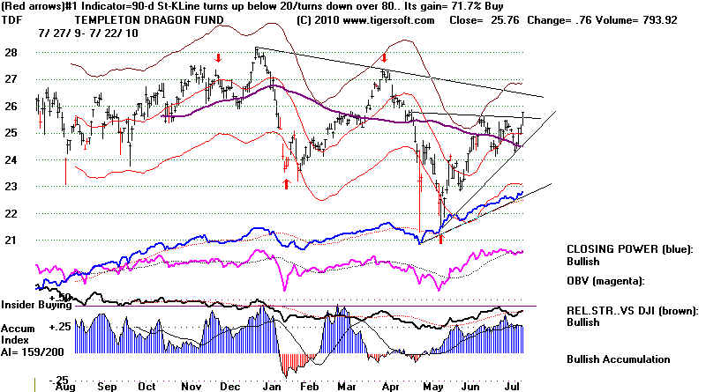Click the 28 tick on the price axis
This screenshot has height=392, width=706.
(13, 52)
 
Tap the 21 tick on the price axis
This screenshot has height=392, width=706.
(13, 240)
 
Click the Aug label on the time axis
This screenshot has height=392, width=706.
(64, 385)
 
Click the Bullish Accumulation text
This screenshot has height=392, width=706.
(619, 359)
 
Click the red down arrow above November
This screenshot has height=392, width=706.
(217, 57)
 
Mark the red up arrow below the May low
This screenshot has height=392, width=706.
(440, 239)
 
